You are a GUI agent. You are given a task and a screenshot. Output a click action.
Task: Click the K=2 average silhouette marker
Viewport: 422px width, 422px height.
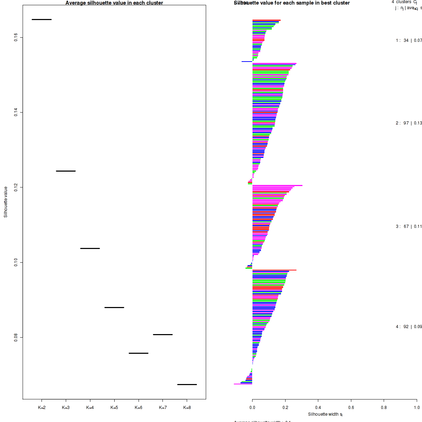pos(41,19)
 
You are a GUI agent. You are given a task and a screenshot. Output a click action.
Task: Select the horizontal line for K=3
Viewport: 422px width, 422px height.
pos(66,171)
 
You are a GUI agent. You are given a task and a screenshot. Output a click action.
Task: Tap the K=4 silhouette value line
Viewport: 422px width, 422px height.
pos(90,248)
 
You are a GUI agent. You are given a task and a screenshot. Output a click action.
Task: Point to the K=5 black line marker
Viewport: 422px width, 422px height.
pos(114,307)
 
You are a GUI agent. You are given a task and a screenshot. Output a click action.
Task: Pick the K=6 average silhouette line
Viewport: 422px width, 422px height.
pos(139,353)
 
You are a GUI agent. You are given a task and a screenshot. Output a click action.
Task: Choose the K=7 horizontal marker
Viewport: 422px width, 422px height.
pos(163,334)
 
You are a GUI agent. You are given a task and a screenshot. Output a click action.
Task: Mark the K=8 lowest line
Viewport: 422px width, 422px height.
pos(187,384)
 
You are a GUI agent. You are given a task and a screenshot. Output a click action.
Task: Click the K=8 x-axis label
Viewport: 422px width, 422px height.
pos(187,408)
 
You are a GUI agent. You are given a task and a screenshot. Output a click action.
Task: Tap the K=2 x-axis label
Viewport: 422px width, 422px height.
pos(41,408)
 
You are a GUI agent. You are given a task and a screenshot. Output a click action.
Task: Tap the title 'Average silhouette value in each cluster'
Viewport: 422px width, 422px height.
pos(114,3)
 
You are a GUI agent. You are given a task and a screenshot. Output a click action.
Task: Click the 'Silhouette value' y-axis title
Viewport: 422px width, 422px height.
pos(6,202)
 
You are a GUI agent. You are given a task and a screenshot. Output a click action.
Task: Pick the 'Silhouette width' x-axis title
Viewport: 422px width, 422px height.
pos(325,414)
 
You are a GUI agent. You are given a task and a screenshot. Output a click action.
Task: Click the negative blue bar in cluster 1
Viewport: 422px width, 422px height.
pos(247,62)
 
